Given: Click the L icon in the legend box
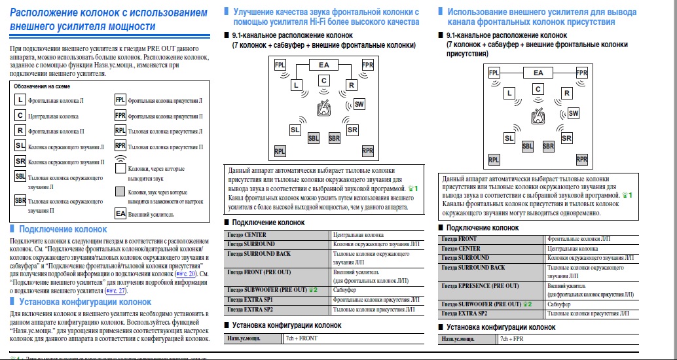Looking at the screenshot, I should pos(20,100).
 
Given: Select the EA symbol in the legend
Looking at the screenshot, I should pos(120,213).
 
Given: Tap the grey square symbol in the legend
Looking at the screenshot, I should pos(120,192).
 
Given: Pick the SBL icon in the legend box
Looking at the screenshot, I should pos(20,177).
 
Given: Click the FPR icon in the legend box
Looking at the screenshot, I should pos(120,116).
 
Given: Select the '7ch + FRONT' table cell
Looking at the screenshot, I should pos(301,338).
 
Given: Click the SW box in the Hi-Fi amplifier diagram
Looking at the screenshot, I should pos(359,104).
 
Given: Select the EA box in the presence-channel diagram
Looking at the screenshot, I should pos(538,73).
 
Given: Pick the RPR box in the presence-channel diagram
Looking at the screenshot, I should pos(581,159).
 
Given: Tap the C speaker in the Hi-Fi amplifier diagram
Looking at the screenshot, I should pos(323,81).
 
